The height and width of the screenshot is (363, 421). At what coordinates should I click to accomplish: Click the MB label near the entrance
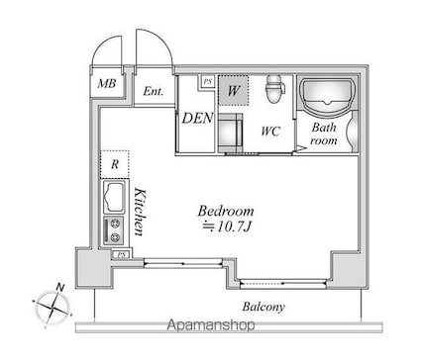(x=107, y=83)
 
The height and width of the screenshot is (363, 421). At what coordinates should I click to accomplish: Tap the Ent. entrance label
(x=154, y=91)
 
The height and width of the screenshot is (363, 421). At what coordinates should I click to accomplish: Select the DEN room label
(x=198, y=118)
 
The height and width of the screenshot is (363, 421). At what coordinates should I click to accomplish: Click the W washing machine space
(x=233, y=91)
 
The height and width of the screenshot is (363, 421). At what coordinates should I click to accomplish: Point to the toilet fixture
(x=274, y=89)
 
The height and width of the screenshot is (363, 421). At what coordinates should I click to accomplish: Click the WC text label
(x=270, y=132)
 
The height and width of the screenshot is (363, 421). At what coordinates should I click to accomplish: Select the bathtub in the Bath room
(x=328, y=96)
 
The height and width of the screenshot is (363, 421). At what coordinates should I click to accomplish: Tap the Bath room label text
(x=324, y=135)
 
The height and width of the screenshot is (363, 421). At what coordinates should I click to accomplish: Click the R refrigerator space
(x=115, y=164)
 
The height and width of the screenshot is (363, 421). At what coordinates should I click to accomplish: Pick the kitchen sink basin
(x=114, y=197)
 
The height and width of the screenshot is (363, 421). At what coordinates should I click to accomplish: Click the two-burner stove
(x=114, y=230)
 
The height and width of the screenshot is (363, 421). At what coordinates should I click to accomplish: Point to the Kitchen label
(x=140, y=212)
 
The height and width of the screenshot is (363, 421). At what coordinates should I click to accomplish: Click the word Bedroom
(x=226, y=211)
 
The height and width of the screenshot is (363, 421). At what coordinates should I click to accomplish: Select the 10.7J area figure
(x=228, y=227)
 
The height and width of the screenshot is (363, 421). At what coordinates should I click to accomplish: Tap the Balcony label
(x=263, y=307)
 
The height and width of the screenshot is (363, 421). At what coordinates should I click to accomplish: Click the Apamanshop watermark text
(x=211, y=325)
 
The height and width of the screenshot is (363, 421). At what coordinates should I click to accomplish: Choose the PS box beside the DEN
(x=207, y=81)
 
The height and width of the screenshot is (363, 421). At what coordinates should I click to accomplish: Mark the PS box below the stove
(x=122, y=255)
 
